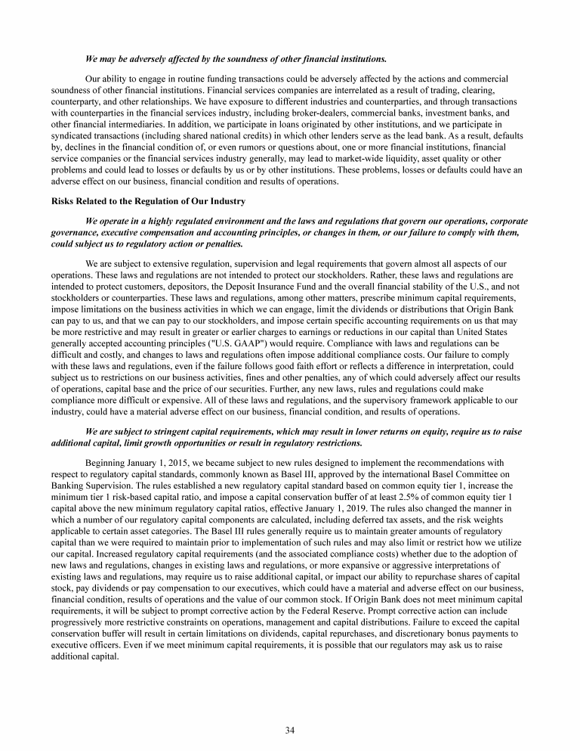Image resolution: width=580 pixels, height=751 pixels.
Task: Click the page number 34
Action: (x=289, y=729)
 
